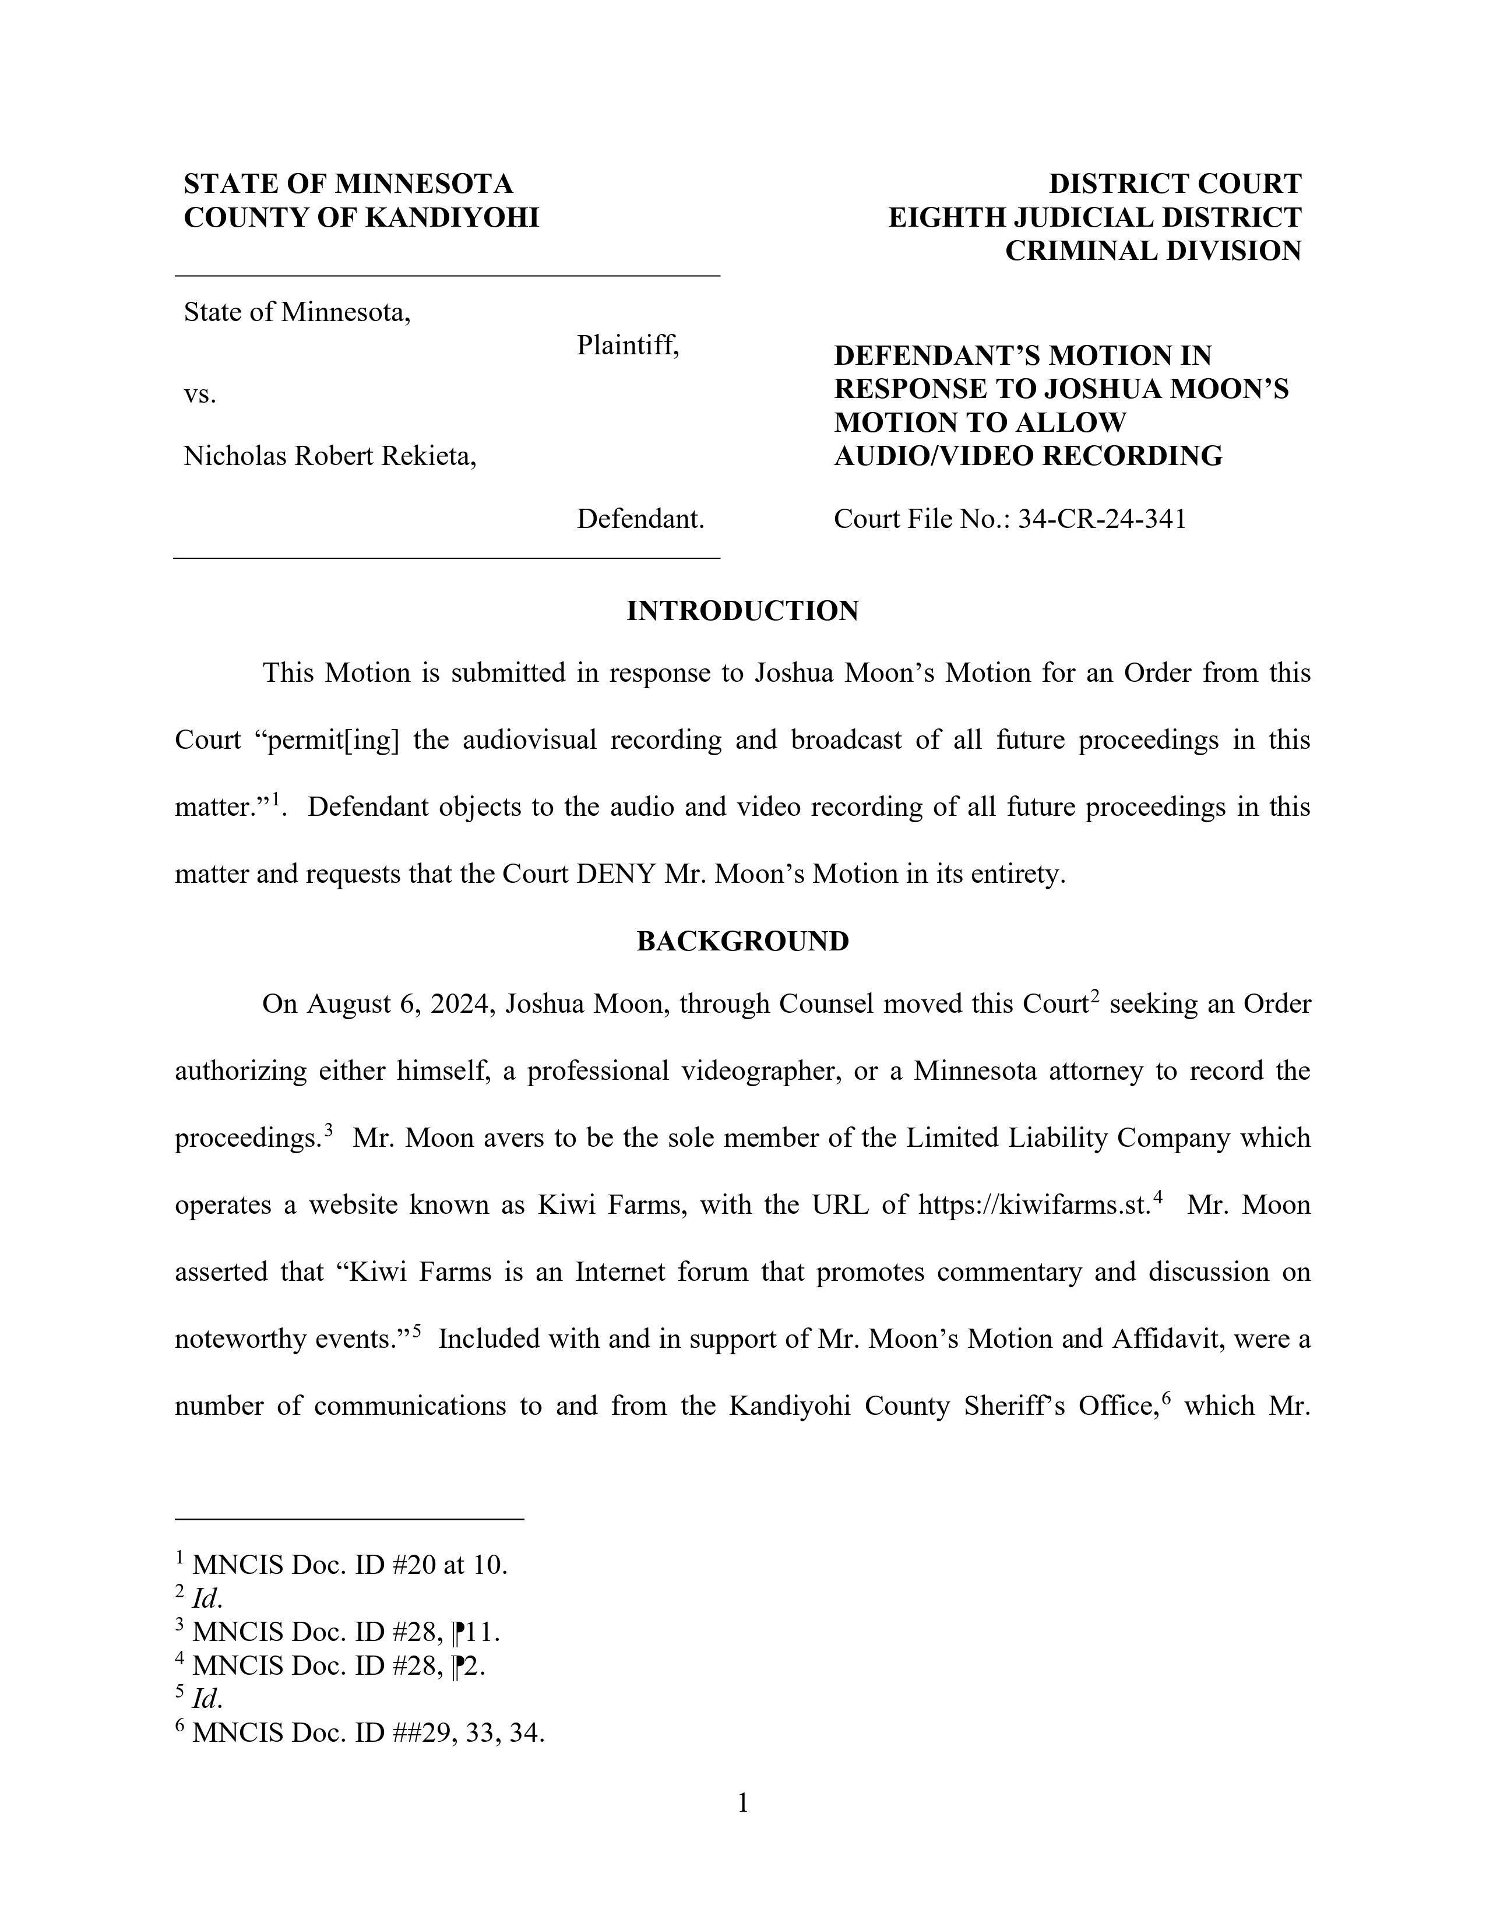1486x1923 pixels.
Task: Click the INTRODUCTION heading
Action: click(742, 611)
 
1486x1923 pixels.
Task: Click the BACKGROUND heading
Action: click(742, 941)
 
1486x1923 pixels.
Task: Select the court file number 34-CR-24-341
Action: click(1101, 519)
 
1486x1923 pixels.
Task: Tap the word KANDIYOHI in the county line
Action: click(450, 217)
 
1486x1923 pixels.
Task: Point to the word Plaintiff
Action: click(628, 346)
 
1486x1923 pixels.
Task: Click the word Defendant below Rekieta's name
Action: click(640, 519)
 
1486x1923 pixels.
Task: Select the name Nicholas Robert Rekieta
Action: click(329, 456)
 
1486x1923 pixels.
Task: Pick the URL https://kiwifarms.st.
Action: click(1034, 1204)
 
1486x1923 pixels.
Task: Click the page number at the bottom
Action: click(742, 1804)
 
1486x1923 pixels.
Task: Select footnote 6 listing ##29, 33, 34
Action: click(360, 1733)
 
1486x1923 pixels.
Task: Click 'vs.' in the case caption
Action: click(200, 395)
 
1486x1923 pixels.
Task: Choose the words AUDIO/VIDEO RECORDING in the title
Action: click(1027, 456)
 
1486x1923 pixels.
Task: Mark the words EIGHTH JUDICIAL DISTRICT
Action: click(1094, 217)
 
